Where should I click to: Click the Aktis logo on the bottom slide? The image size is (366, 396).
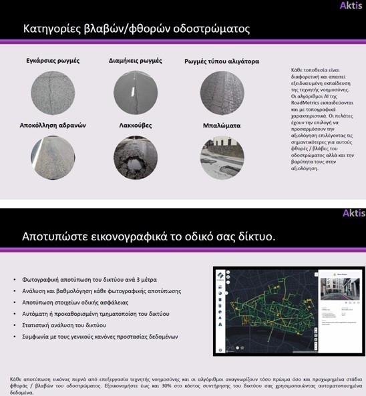353,214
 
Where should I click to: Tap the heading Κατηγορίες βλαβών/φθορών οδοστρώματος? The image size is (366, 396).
136,29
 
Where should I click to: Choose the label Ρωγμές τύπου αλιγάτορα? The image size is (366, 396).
222,61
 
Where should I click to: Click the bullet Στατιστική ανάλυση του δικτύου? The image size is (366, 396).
69,325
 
